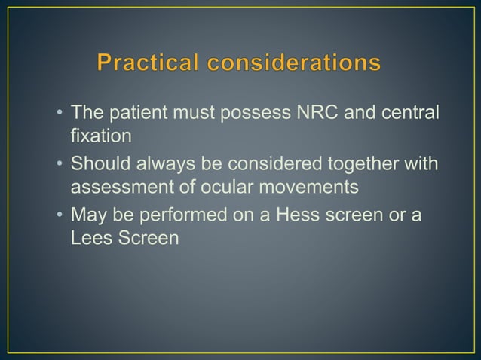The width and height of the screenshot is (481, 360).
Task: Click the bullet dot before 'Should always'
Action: [x=59, y=165]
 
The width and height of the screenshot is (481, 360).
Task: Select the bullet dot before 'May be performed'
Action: [x=59, y=216]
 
